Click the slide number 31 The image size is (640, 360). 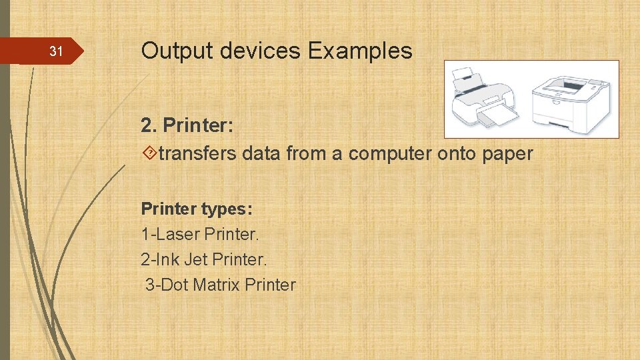56,51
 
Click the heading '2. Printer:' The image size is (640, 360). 186,125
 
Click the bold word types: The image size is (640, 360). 227,209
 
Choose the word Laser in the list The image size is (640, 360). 175,235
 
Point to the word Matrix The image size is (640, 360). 216,285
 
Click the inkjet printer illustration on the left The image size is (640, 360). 484,100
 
